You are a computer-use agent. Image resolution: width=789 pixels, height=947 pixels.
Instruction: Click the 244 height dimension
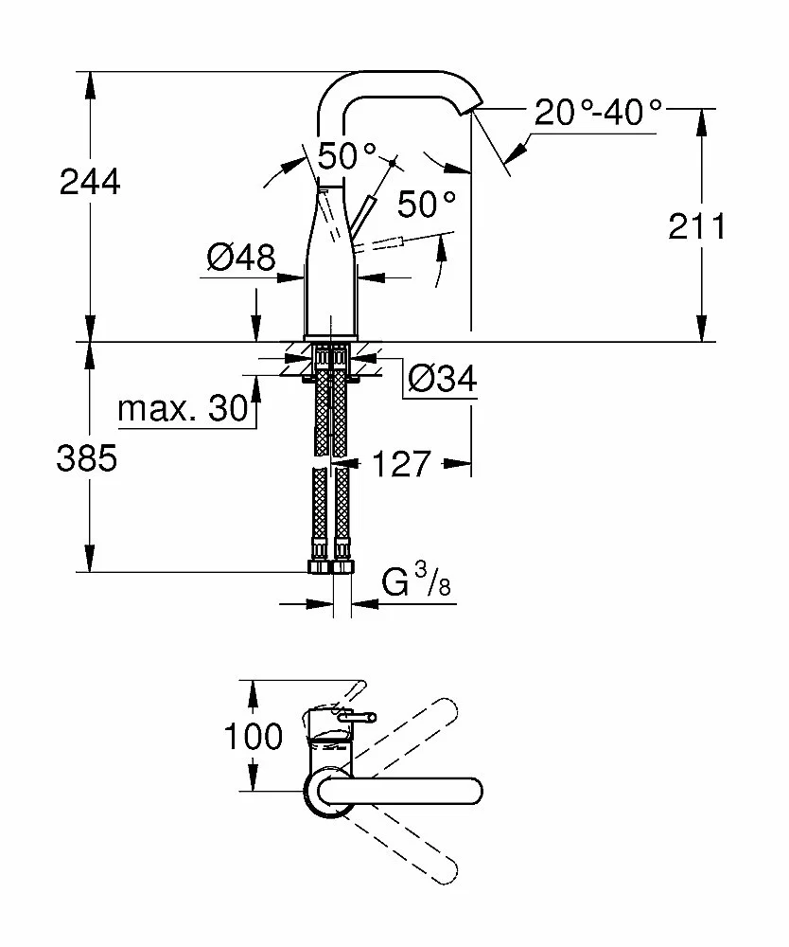pyautogui.click(x=90, y=182)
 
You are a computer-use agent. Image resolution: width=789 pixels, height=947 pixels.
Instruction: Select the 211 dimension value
pyautogui.click(x=697, y=226)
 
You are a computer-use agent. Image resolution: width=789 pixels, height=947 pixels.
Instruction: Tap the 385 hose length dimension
pyautogui.click(x=87, y=457)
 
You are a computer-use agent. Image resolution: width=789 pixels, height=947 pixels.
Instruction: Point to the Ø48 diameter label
pyautogui.click(x=240, y=258)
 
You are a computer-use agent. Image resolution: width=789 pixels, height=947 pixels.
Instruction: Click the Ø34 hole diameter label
pyautogui.click(x=443, y=379)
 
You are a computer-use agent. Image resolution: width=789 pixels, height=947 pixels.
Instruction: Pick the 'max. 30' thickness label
pyautogui.click(x=184, y=409)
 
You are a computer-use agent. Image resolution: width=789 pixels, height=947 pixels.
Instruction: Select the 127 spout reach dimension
pyautogui.click(x=402, y=464)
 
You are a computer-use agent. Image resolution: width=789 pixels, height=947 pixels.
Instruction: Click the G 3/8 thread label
pyautogui.click(x=416, y=580)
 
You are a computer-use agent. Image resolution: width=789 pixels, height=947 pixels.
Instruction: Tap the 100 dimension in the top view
pyautogui.click(x=254, y=736)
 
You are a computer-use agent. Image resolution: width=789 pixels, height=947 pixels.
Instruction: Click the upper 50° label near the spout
pyautogui.click(x=347, y=156)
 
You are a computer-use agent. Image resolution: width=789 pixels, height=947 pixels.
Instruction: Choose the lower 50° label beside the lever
pyautogui.click(x=427, y=204)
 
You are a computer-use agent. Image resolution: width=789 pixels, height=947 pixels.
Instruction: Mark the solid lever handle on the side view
pyautogui.click(x=362, y=215)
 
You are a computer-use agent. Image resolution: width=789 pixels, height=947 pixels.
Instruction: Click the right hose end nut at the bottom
pyautogui.click(x=343, y=566)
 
